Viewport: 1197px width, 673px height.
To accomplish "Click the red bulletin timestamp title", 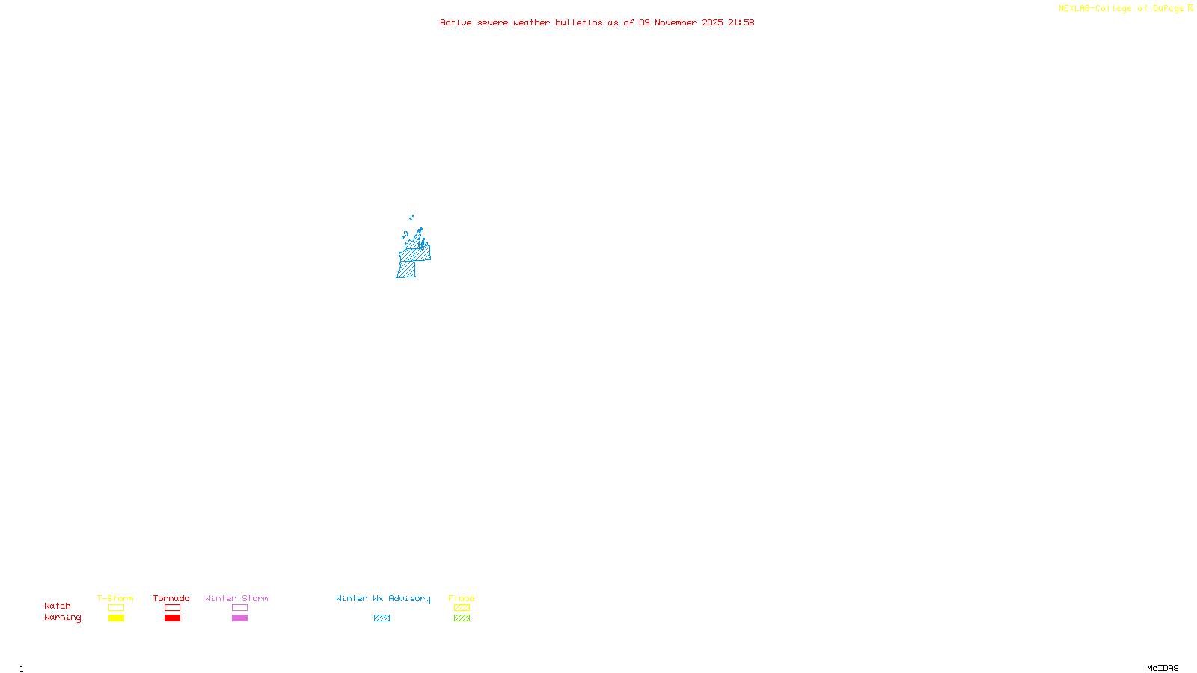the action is coord(596,22).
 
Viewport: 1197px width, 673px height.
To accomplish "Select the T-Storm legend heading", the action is coord(115,598).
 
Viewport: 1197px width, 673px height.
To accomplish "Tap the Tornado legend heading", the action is coord(171,598).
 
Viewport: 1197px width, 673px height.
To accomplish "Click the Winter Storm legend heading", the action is coord(236,598).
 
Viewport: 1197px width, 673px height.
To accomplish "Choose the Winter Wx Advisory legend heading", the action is coord(383,598).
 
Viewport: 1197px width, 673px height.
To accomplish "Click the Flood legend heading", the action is coord(462,598).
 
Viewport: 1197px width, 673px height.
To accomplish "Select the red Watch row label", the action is coord(58,606).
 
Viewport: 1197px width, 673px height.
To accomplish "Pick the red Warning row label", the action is coord(62,618).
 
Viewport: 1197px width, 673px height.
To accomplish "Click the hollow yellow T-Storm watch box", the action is coord(116,608).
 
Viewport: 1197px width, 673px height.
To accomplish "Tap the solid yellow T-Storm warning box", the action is coord(116,618).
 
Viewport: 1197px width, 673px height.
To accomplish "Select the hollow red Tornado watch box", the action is coord(172,608).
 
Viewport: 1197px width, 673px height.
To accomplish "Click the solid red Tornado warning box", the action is coord(172,618).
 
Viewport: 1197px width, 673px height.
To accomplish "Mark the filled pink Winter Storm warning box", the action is coord(239,618).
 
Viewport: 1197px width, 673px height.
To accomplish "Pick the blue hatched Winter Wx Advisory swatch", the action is coord(382,618).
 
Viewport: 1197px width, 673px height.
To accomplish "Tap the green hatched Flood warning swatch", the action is coord(462,618).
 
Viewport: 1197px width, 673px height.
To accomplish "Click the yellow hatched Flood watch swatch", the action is coord(462,608).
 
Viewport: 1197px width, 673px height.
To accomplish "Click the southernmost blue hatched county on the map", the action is coord(406,269).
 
